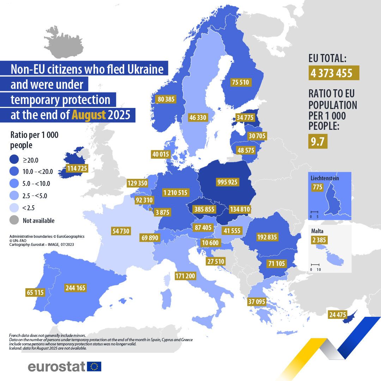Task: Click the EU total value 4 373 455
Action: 333,73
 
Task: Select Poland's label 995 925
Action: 228,182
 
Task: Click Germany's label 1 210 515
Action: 176,193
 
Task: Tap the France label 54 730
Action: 120,231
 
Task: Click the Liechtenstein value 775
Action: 317,187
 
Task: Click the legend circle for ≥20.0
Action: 14,160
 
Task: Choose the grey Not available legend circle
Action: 14,220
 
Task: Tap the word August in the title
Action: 89,115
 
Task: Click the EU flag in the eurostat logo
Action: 94,366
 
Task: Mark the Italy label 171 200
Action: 185,276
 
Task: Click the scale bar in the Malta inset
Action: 315,265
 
